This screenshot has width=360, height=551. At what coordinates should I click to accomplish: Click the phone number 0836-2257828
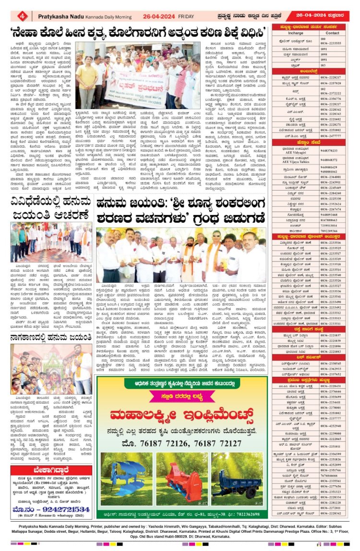(x=333, y=83)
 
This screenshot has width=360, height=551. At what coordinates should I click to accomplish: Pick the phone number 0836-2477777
(x=333, y=136)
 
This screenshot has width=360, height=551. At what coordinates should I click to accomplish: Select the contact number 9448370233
(x=333, y=150)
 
